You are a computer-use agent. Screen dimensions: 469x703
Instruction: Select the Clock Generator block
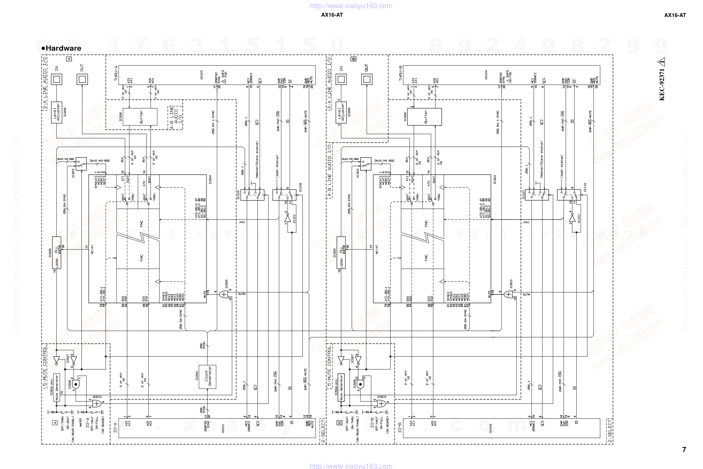tap(208, 376)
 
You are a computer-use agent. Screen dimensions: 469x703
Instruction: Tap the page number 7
tap(684, 450)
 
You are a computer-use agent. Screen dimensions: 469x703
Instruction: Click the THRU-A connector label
tap(116, 73)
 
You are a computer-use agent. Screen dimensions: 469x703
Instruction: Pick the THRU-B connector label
tap(401, 73)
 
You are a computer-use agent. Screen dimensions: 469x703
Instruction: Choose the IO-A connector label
tap(115, 427)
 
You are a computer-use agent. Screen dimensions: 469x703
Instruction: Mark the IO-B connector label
tap(400, 427)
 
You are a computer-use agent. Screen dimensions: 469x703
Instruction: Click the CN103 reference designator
tap(202, 75)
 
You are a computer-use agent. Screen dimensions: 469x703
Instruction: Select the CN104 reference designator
tap(486, 75)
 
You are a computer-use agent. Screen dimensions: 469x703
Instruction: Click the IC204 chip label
tap(210, 180)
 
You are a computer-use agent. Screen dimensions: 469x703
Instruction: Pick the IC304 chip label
tap(495, 180)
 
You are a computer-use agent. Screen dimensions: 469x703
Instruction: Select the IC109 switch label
tap(300, 187)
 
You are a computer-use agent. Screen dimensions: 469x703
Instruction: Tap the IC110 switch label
tap(585, 187)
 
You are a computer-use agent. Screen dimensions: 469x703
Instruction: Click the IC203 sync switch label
tap(73, 173)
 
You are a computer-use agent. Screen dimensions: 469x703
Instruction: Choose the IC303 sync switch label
tap(358, 173)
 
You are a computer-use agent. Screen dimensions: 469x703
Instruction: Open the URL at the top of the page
tap(351, 6)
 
